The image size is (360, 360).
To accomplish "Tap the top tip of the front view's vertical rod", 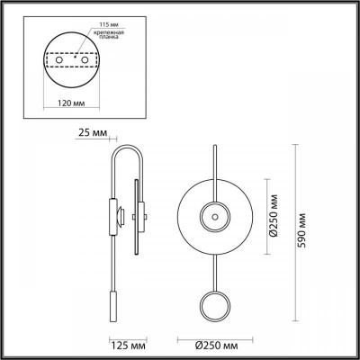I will pyautogui.click(x=215, y=142).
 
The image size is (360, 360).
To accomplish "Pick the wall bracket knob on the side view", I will pyautogui.click(x=122, y=213).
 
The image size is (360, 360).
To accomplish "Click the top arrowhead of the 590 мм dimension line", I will pyautogui.click(x=293, y=143).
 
